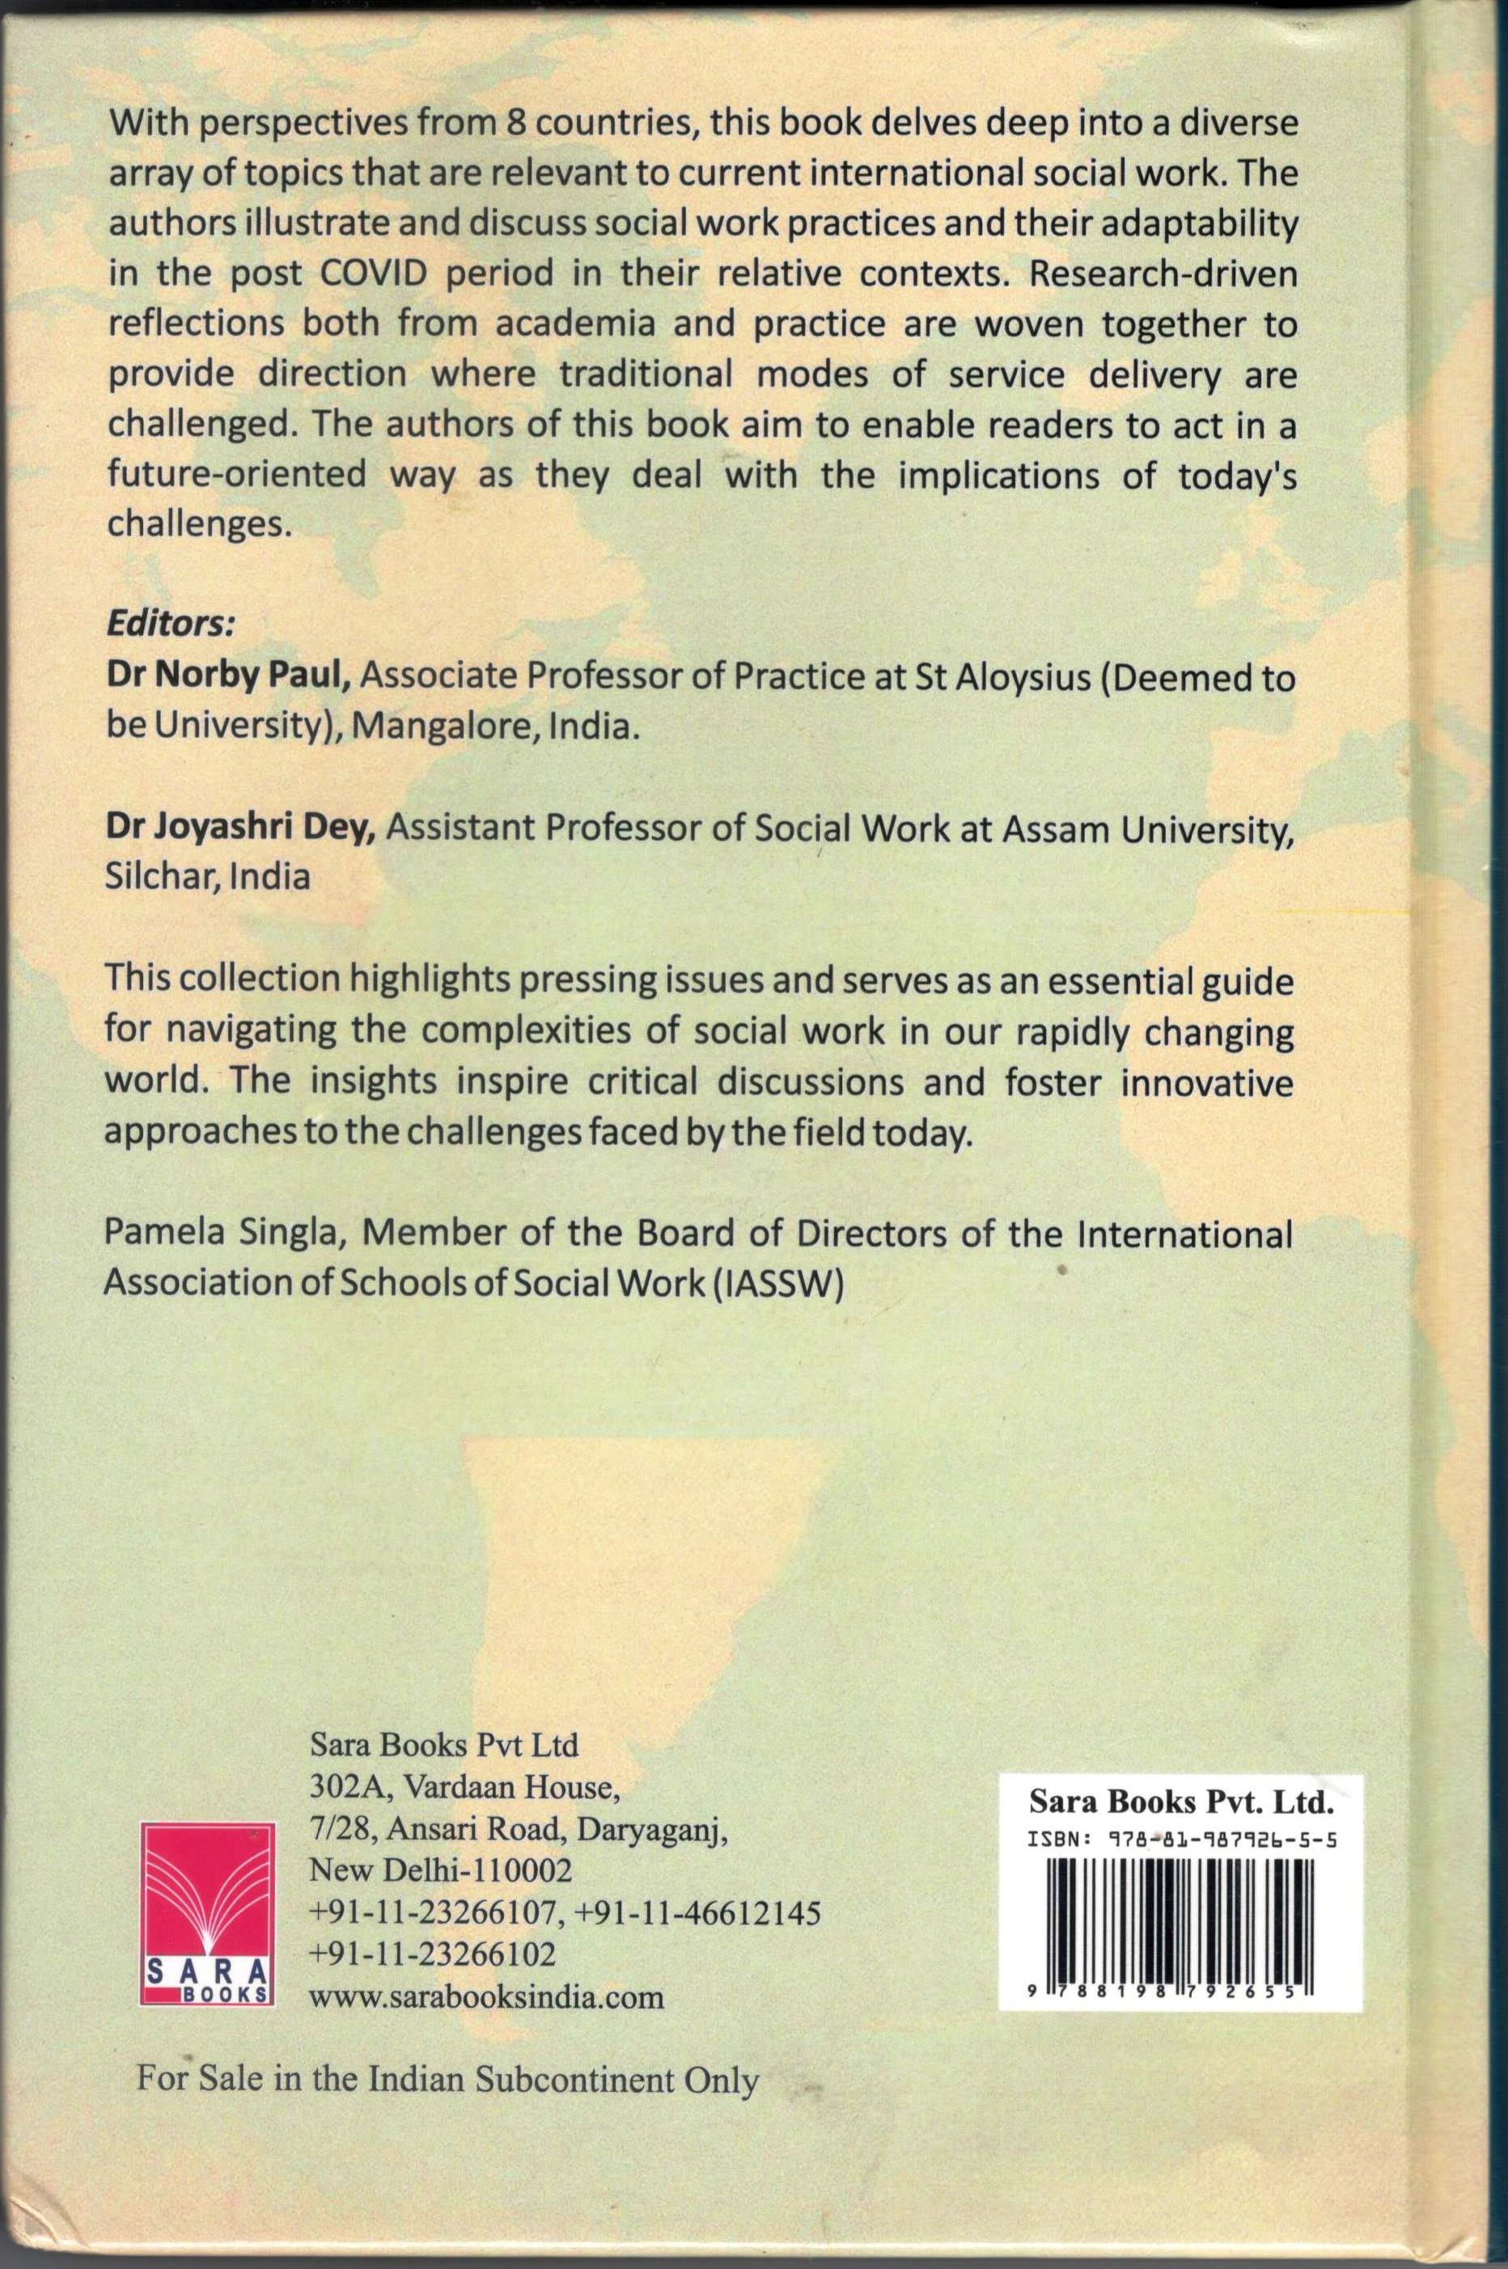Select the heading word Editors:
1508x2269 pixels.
click(x=169, y=623)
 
